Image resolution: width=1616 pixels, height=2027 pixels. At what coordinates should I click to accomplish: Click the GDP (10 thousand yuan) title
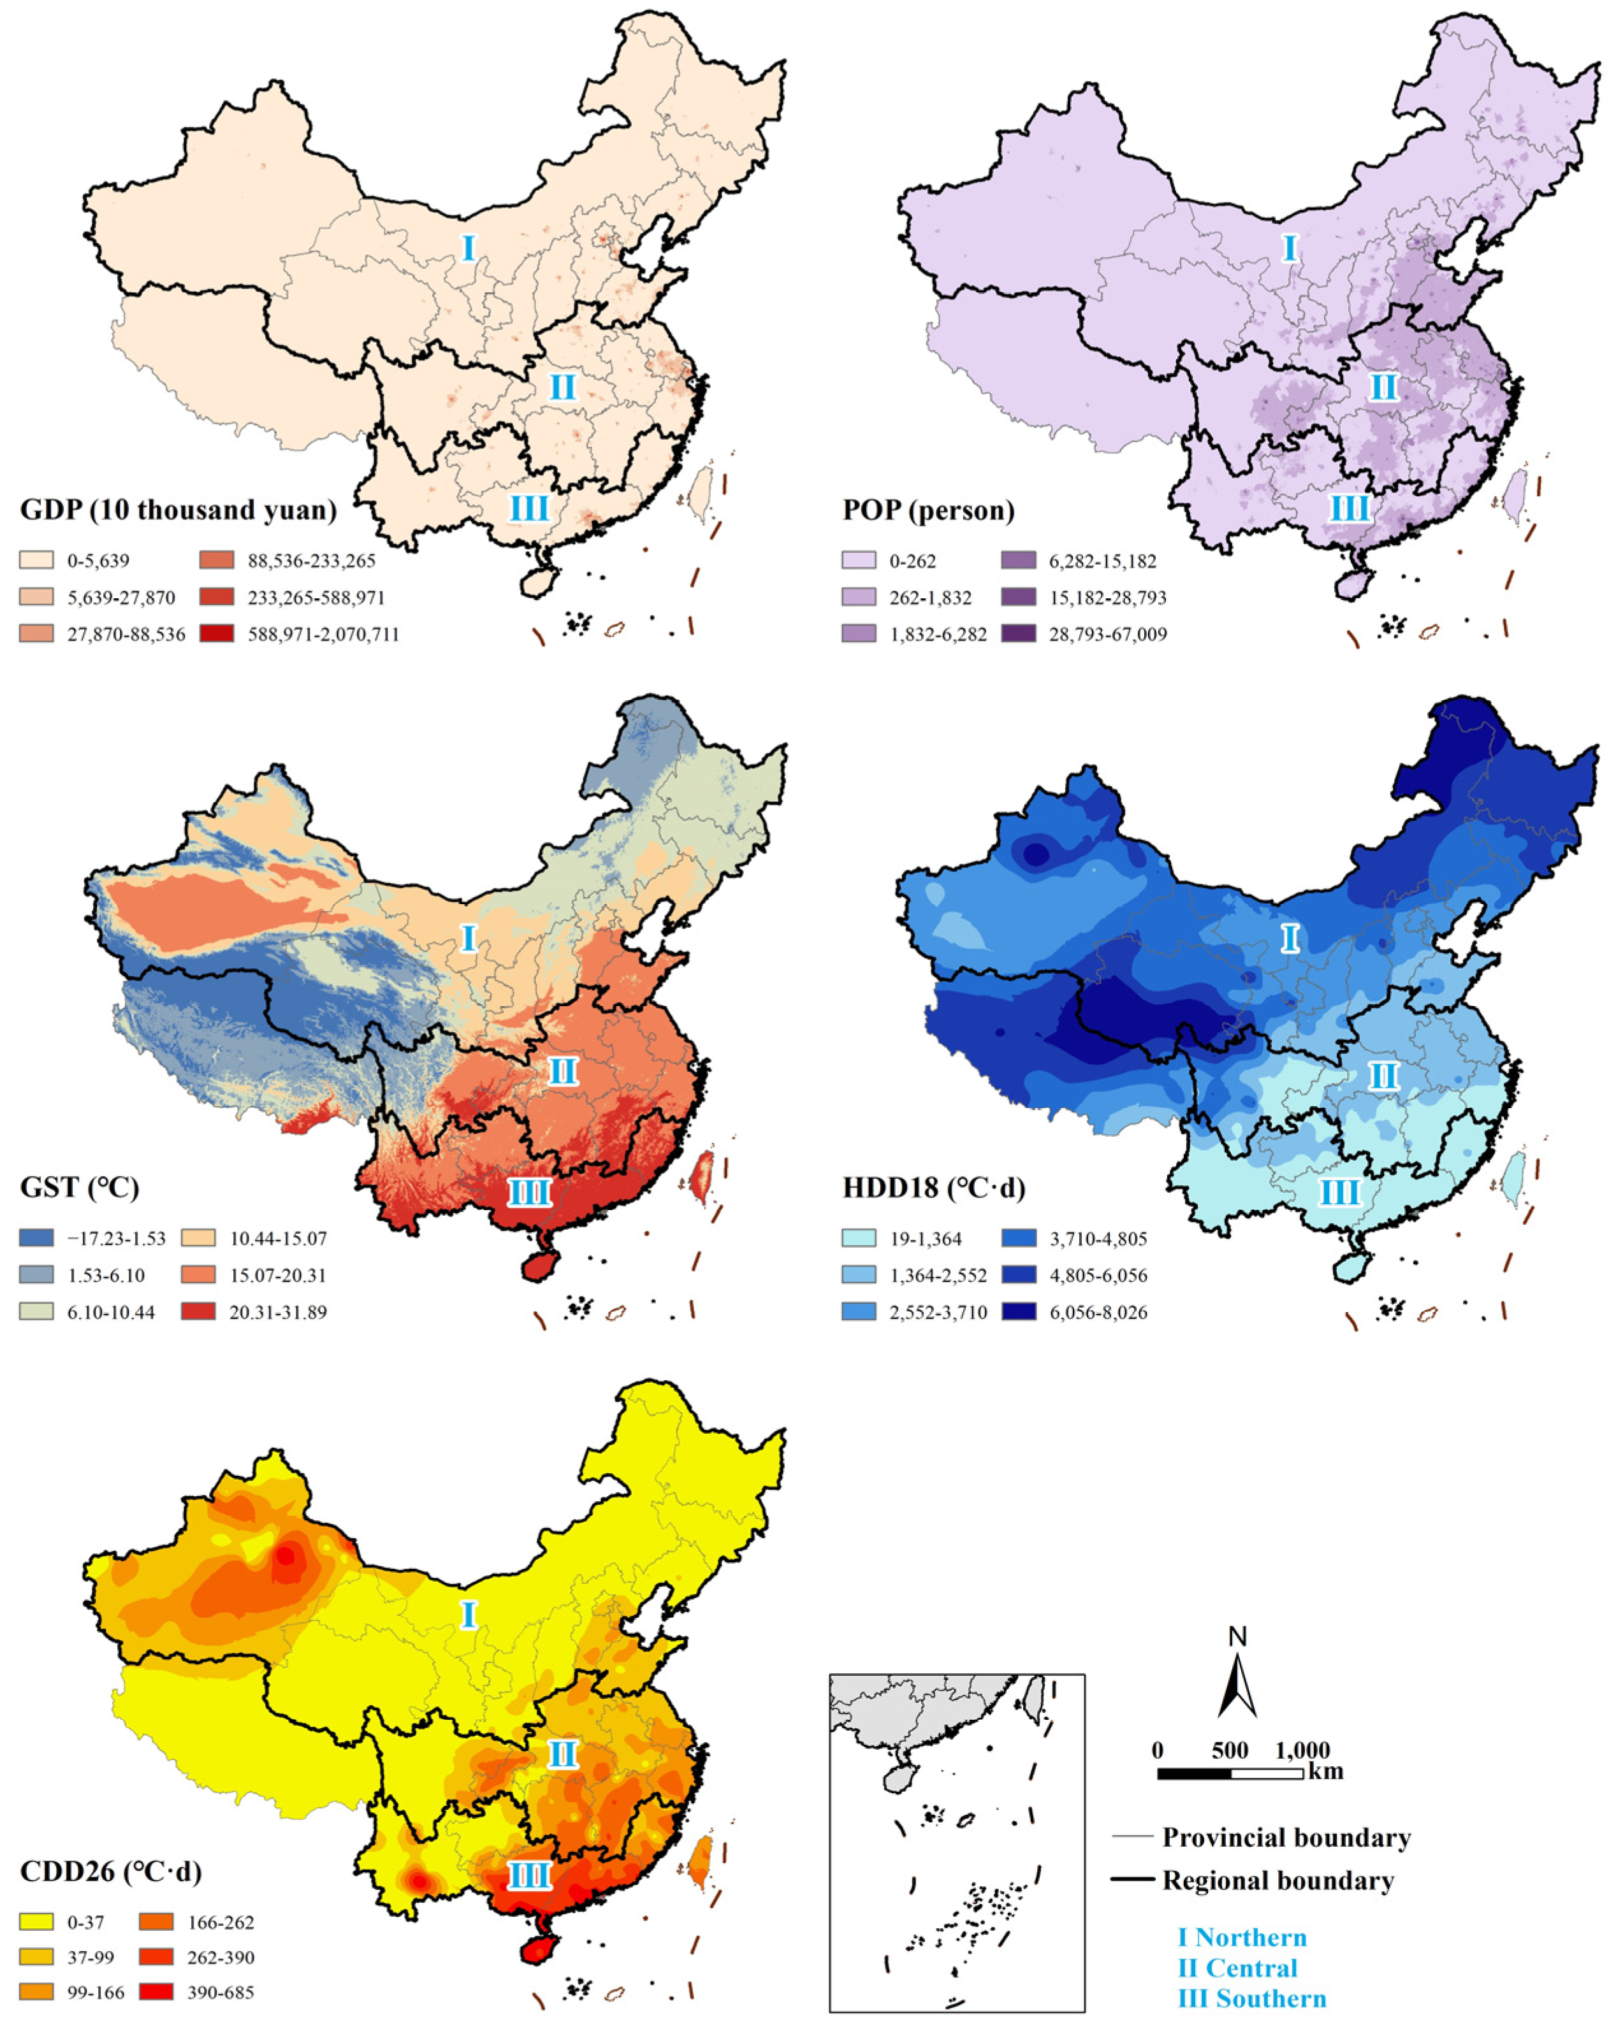pyautogui.click(x=178, y=510)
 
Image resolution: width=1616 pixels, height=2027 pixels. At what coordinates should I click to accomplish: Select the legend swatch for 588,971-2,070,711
pyautogui.click(x=216, y=633)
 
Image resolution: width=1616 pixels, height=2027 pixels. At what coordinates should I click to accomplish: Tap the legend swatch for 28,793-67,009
pyautogui.click(x=1018, y=633)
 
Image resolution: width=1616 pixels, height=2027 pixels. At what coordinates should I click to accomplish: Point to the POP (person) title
pyautogui.click(x=928, y=510)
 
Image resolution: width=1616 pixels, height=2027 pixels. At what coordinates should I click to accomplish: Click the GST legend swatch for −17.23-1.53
pyautogui.click(x=36, y=1237)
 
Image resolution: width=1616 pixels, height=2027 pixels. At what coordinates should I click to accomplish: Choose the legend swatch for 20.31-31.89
pyautogui.click(x=198, y=1311)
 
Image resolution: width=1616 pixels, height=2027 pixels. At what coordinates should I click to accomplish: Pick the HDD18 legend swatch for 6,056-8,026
pyautogui.click(x=1018, y=1311)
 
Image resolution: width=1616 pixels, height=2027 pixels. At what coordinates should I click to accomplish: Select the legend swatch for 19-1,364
pyautogui.click(x=858, y=1237)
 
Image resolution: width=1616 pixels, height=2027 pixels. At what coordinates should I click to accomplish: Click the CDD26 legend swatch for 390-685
pyautogui.click(x=156, y=1991)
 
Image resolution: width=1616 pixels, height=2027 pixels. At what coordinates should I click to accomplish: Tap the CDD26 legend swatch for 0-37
pyautogui.click(x=36, y=1922)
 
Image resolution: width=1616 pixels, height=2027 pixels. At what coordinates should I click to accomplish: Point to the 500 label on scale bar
pyautogui.click(x=1230, y=1750)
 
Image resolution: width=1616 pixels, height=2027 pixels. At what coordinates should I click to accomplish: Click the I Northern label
pyautogui.click(x=1242, y=1937)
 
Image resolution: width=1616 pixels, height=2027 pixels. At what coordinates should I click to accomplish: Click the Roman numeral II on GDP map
pyautogui.click(x=562, y=386)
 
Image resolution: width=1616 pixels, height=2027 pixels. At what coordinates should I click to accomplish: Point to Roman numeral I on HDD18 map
pyautogui.click(x=1290, y=937)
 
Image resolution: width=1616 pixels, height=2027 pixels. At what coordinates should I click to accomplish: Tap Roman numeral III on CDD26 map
pyautogui.click(x=528, y=1875)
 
